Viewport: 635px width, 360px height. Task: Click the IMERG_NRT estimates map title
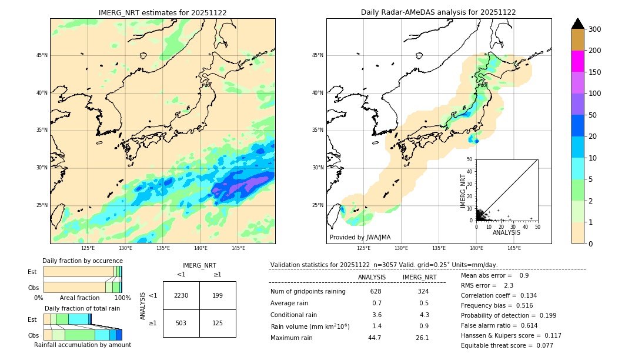click(x=162, y=12)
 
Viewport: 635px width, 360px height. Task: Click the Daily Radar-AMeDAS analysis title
click(x=438, y=12)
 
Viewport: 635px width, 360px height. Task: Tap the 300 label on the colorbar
click(x=595, y=29)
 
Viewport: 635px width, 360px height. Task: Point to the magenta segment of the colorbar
click(x=577, y=61)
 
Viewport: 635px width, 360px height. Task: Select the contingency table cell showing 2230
click(x=181, y=295)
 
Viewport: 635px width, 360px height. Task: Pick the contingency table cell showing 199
click(x=218, y=295)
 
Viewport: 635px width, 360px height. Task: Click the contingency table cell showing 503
click(x=181, y=323)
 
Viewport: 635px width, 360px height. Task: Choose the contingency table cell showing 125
click(x=218, y=323)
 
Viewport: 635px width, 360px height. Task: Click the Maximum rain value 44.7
click(x=375, y=338)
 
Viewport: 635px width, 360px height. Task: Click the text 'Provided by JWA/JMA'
click(x=360, y=237)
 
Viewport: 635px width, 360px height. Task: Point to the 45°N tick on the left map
click(x=42, y=55)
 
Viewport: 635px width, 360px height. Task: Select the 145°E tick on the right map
click(x=514, y=248)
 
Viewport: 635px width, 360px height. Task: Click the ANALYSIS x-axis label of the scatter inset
click(x=507, y=232)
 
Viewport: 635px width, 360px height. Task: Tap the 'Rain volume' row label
click(x=310, y=326)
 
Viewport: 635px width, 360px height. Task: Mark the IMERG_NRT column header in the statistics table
click(x=419, y=277)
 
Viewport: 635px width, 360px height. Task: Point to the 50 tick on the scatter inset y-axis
click(x=470, y=159)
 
